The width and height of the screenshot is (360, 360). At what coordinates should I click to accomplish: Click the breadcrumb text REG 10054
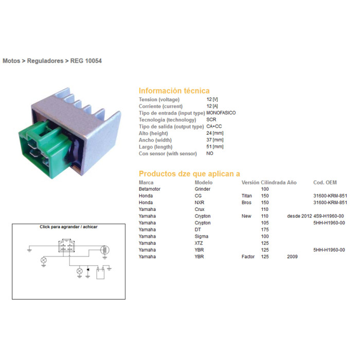pos(86,61)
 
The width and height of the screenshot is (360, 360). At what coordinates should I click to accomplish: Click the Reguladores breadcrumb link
pos(45,61)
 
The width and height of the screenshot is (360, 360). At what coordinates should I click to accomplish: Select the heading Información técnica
pos(174,91)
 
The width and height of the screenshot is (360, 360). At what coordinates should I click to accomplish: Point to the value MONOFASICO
pos(221,113)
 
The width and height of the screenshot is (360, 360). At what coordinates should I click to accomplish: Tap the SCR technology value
pos(211,120)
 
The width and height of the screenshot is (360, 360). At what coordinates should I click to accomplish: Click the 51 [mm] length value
pos(215,147)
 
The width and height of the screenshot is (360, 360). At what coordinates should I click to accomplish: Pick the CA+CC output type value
pos(214,127)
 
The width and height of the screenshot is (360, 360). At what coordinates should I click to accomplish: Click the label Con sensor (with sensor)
pos(168,154)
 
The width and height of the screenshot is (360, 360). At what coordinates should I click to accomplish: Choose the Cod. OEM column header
pos(325,183)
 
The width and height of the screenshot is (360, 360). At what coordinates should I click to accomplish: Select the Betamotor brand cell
pos(150,189)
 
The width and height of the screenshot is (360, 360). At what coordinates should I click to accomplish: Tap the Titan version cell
pos(246,196)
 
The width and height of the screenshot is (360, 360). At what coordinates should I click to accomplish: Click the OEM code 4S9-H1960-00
pos(329,216)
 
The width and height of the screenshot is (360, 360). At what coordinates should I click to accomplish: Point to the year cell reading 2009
pos(292,257)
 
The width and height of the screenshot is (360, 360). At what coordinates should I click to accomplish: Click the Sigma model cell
pos(202,237)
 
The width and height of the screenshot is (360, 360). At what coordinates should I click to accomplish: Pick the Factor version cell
pos(248,257)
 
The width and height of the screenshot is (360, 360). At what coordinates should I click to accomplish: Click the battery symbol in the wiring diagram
pos(100,273)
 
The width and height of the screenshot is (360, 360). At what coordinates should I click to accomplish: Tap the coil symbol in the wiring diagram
pos(105,250)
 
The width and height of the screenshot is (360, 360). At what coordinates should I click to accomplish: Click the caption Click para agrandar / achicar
pos(68,227)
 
